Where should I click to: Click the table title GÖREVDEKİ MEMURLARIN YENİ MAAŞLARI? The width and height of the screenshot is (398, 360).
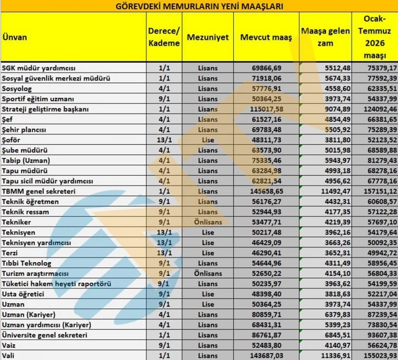198,6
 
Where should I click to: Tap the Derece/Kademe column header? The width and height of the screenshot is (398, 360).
164,37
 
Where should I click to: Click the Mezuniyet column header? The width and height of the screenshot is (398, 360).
207,37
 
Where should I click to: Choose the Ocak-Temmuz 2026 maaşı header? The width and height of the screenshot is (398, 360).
375,37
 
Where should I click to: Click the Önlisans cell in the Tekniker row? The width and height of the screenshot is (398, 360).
207,221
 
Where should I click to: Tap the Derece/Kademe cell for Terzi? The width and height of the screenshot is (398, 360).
164,253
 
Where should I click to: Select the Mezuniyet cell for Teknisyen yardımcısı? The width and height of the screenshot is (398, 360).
207,242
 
